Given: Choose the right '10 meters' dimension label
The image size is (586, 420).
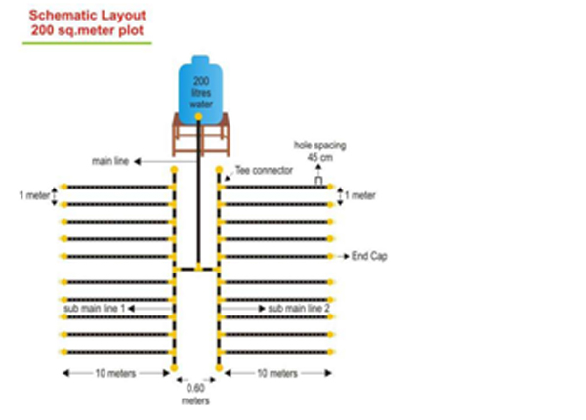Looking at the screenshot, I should point(278,373).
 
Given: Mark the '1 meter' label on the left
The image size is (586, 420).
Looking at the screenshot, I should point(34,194).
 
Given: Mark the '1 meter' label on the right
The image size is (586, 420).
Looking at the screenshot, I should point(362,194).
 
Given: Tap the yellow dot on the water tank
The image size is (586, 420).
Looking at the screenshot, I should point(199,116).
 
